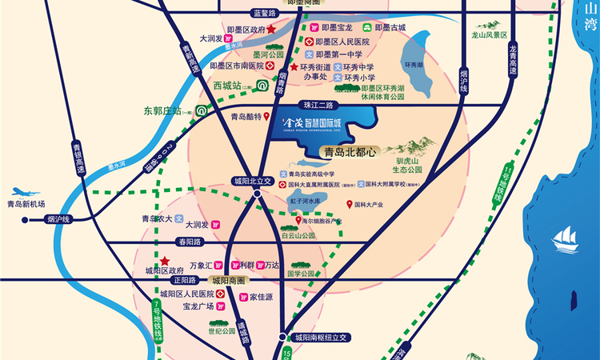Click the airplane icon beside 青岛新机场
click(23, 193)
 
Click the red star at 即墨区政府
click(271, 30)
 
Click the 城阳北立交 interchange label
click(253, 182)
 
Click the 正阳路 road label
click(183, 281)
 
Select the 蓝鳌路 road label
click(263, 14)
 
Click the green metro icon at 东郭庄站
click(203, 110)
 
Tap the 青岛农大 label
click(158, 218)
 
